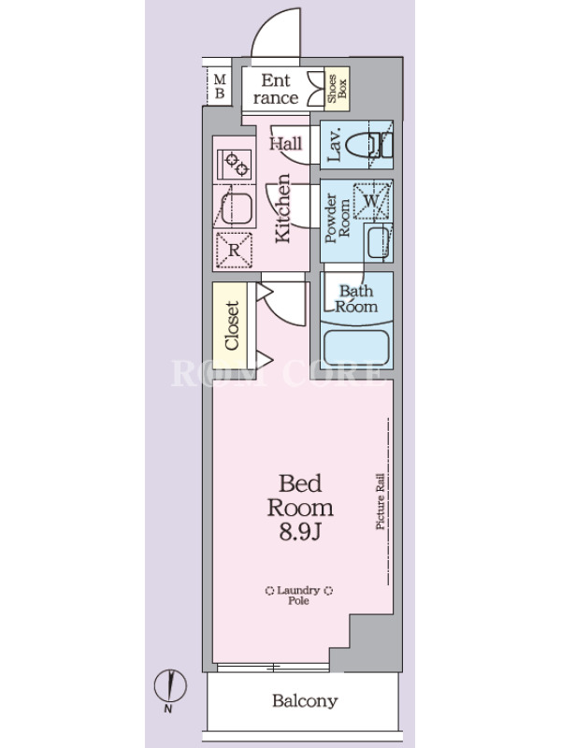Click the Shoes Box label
[x=337, y=89]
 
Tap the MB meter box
[x=220, y=86]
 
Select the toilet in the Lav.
[x=368, y=145]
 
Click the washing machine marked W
[x=372, y=200]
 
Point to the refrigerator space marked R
[x=234, y=250]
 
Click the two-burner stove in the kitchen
[x=235, y=165]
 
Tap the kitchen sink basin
[x=237, y=208]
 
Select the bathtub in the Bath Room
[x=356, y=348]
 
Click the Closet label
[x=231, y=325]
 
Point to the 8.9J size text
[x=300, y=532]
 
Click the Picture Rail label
[x=381, y=501]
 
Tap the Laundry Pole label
[x=298, y=596]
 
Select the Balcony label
[x=305, y=700]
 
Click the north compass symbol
[x=170, y=687]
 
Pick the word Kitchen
[x=283, y=208]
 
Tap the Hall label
[x=286, y=144]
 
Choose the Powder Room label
[x=337, y=218]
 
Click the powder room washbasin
[x=380, y=242]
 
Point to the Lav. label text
[x=334, y=144]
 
